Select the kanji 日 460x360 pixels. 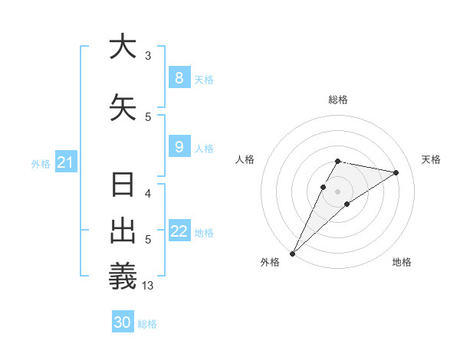(x=122, y=186)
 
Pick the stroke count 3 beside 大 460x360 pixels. (x=148, y=56)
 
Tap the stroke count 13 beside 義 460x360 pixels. (x=148, y=286)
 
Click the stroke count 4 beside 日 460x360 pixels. (x=148, y=193)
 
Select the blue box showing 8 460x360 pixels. (x=179, y=77)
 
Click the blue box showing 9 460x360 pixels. (x=179, y=146)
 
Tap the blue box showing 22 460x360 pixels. (x=179, y=231)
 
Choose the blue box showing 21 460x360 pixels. (x=65, y=162)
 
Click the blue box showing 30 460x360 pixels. (x=123, y=322)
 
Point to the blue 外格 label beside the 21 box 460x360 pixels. (x=41, y=163)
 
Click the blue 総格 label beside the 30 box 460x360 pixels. (x=147, y=324)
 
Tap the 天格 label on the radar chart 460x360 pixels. (x=432, y=159)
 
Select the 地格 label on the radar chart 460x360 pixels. (x=402, y=262)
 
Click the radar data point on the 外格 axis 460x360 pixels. (x=292, y=253)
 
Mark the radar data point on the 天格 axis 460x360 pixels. (x=396, y=172)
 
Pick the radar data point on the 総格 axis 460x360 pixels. (x=337, y=161)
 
